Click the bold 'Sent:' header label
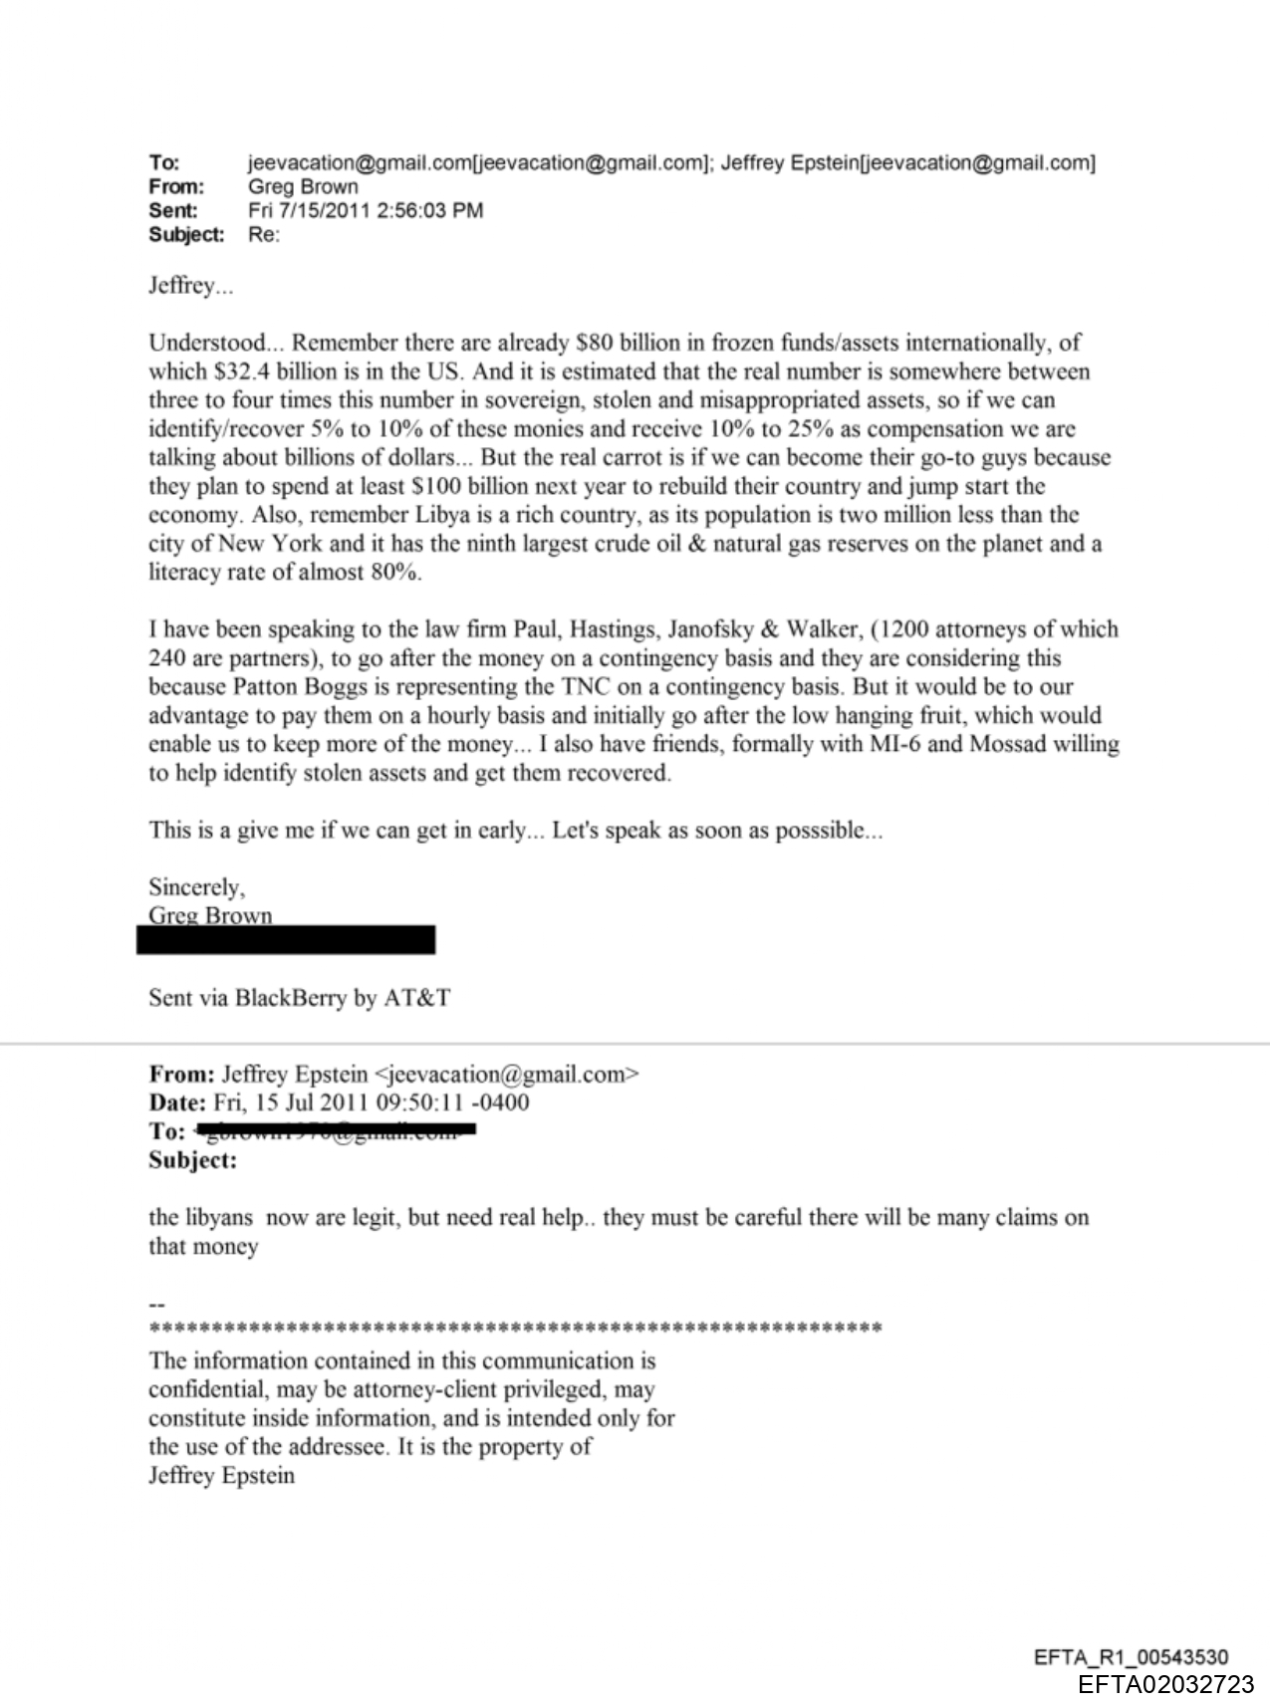(173, 210)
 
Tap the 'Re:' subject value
(264, 235)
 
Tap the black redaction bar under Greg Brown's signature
(286, 940)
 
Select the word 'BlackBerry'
(291, 998)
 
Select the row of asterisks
(514, 1329)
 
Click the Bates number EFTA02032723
(1165, 1684)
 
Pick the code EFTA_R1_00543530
(1131, 1658)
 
